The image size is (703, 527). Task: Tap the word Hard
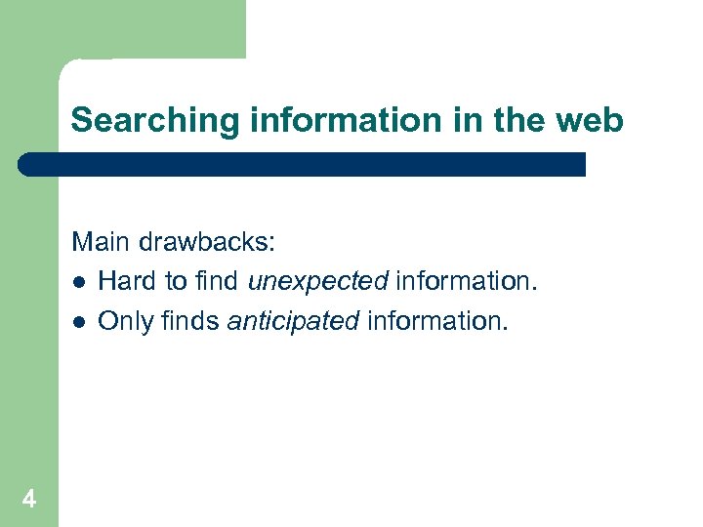coord(128,282)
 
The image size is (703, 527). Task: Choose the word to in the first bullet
coord(176,282)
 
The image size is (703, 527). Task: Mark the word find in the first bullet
coord(217,282)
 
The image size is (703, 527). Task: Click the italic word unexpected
coord(318,282)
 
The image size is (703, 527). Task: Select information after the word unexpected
coord(465,282)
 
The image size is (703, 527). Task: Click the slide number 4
coord(29,500)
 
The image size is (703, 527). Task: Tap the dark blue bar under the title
coord(303,164)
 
